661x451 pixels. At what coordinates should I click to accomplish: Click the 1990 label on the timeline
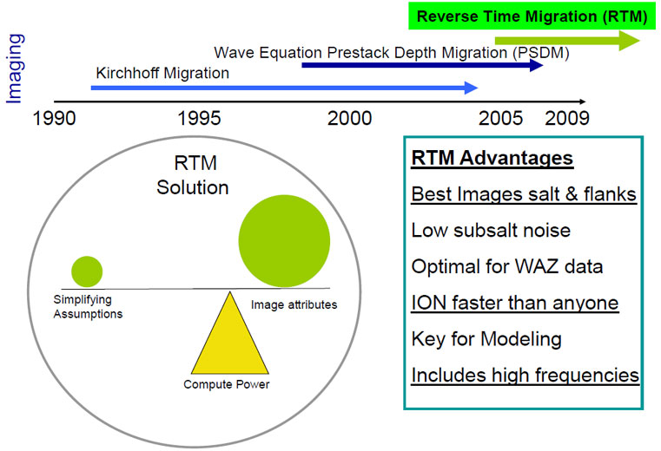[x=55, y=118]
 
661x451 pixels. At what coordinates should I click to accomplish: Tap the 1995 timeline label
[x=199, y=118]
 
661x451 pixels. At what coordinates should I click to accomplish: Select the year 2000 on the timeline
[x=349, y=118]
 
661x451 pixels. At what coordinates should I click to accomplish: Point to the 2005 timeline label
[x=500, y=118]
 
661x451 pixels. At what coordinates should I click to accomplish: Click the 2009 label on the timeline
[x=567, y=118]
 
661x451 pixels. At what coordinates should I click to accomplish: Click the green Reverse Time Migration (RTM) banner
[x=532, y=16]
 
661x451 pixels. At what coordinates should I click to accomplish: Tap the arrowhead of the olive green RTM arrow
[x=630, y=41]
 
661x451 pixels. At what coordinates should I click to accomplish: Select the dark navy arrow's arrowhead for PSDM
[x=536, y=65]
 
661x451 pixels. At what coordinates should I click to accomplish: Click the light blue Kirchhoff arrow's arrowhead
[x=471, y=88]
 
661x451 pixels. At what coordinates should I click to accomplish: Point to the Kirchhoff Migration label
[x=162, y=73]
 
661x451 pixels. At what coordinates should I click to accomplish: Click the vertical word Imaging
[x=15, y=69]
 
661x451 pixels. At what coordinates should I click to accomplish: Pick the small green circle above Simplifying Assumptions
[x=87, y=271]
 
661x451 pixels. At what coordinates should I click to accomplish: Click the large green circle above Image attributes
[x=284, y=241]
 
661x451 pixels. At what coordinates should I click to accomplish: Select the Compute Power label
[x=227, y=384]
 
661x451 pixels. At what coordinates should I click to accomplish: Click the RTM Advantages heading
[x=492, y=159]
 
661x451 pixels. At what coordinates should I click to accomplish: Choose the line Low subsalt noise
[x=491, y=231]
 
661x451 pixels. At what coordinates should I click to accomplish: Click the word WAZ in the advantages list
[x=542, y=266]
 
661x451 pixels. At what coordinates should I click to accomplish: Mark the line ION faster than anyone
[x=515, y=304]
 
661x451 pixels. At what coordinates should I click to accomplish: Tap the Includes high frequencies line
[x=525, y=376]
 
